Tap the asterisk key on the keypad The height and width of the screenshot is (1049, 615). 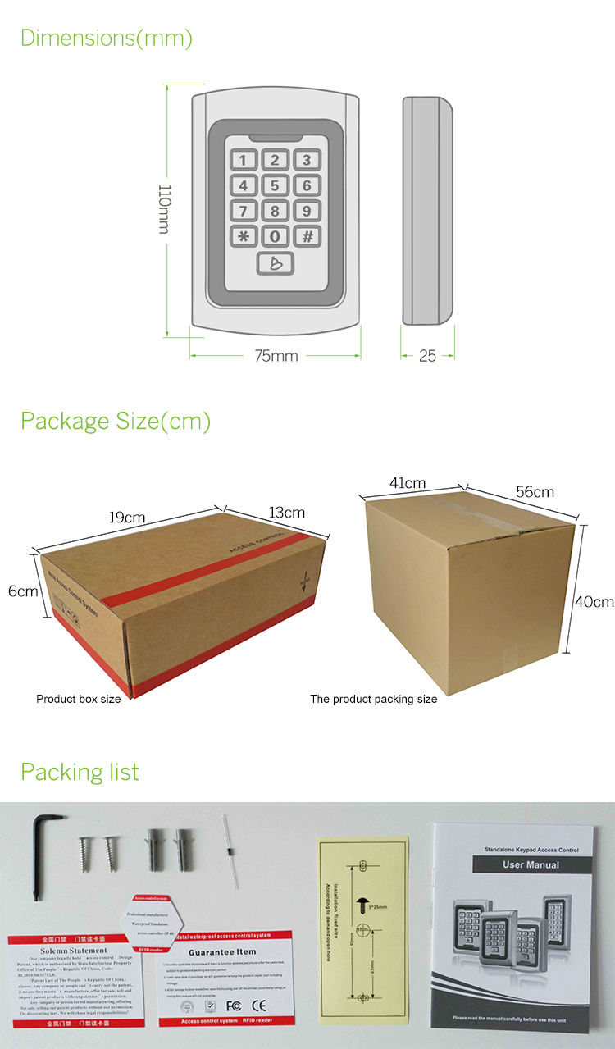[244, 237]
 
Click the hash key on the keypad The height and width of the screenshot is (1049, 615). [307, 237]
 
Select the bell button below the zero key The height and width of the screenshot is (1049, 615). [275, 263]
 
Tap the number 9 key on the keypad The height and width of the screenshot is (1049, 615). [307, 211]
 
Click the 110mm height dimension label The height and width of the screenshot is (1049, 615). [164, 208]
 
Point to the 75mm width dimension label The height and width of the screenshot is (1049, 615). [276, 356]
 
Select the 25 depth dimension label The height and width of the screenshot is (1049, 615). [427, 356]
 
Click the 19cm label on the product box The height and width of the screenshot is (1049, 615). [128, 517]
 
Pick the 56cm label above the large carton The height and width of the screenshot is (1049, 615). [535, 492]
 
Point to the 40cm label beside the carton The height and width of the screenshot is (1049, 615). [594, 601]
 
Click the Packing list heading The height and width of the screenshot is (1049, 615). [80, 772]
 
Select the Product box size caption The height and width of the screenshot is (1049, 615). [79, 700]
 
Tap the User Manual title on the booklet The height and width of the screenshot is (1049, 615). [531, 864]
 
